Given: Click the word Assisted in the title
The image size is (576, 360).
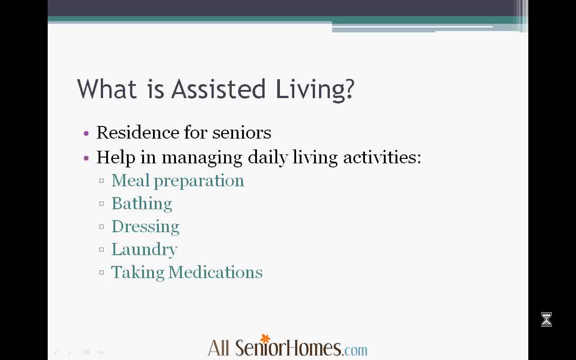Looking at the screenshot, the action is [x=218, y=89].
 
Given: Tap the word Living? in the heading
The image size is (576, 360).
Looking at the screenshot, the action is [x=315, y=90].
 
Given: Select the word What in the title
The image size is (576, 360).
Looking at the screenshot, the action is [x=107, y=89].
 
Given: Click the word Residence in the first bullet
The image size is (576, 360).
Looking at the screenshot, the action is [x=138, y=133].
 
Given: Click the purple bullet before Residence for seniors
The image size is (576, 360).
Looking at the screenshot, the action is [x=86, y=133].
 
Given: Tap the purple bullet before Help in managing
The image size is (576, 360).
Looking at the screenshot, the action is [x=86, y=158].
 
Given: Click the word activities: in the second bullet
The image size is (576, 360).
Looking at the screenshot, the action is [x=382, y=157].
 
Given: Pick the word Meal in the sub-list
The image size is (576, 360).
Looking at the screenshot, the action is [x=130, y=180].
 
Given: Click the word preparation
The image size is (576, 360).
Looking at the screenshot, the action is [x=199, y=181].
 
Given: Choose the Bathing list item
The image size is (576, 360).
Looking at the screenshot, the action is [x=142, y=204].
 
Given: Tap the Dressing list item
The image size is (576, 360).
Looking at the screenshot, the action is [x=145, y=227].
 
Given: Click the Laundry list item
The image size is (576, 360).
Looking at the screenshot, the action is [x=144, y=250].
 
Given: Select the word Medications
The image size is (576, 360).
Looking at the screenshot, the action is [x=216, y=272].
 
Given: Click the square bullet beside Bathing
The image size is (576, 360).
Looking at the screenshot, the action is [x=102, y=204].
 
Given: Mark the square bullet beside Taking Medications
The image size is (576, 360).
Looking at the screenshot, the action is [x=102, y=272].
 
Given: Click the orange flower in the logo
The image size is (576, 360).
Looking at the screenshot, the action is [x=265, y=339].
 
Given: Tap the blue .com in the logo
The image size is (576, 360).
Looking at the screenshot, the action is [x=355, y=350].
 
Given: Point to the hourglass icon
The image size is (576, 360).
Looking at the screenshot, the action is [x=546, y=319].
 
